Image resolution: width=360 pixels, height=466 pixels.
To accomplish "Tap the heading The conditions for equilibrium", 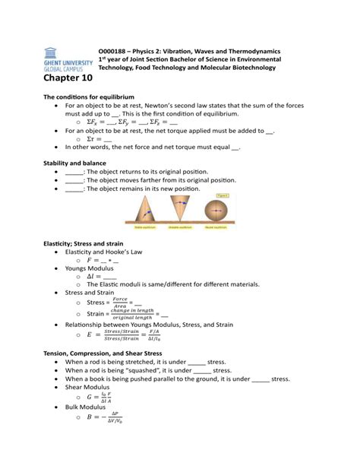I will click(x=89, y=97).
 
